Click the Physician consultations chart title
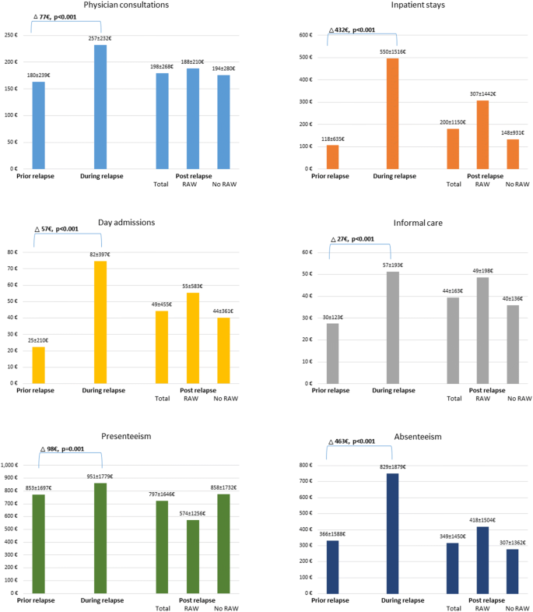(128, 5)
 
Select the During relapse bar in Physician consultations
(100, 107)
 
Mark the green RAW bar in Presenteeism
(193, 556)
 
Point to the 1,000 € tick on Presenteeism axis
(15, 465)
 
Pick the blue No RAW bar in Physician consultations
(223, 121)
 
